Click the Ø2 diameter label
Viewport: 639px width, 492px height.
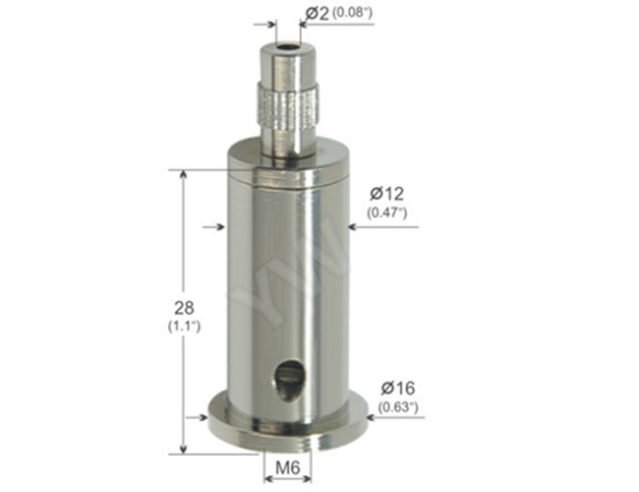click(317, 14)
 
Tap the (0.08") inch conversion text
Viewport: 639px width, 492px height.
click(353, 13)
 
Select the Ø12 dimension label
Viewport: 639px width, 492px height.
click(386, 194)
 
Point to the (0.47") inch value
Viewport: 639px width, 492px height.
click(386, 213)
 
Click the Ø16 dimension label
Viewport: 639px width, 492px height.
click(398, 388)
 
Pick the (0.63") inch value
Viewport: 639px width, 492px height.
click(398, 406)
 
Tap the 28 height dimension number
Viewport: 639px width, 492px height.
click(184, 308)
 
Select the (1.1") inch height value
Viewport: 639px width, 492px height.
click(184, 327)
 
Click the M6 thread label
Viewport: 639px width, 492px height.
click(288, 467)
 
